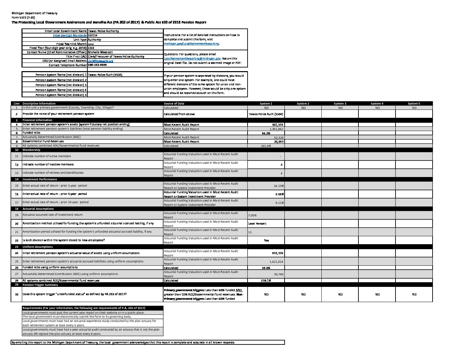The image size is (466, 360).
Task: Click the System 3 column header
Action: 340,104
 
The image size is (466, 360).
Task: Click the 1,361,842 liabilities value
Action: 276,129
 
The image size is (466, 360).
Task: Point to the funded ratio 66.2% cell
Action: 266,133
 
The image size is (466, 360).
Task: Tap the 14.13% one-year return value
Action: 279,186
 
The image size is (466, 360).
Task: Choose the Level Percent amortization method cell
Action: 257,224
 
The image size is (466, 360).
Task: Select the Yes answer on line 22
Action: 266,241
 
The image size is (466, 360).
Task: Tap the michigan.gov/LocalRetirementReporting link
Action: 192,44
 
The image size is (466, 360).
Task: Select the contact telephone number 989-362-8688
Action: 97,65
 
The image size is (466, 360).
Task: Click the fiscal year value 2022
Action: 91,48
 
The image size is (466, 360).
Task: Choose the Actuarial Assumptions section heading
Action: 38,209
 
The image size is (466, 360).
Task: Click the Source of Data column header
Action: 174,104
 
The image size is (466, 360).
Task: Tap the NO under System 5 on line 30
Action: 414,294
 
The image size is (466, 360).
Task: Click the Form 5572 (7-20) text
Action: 23,18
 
